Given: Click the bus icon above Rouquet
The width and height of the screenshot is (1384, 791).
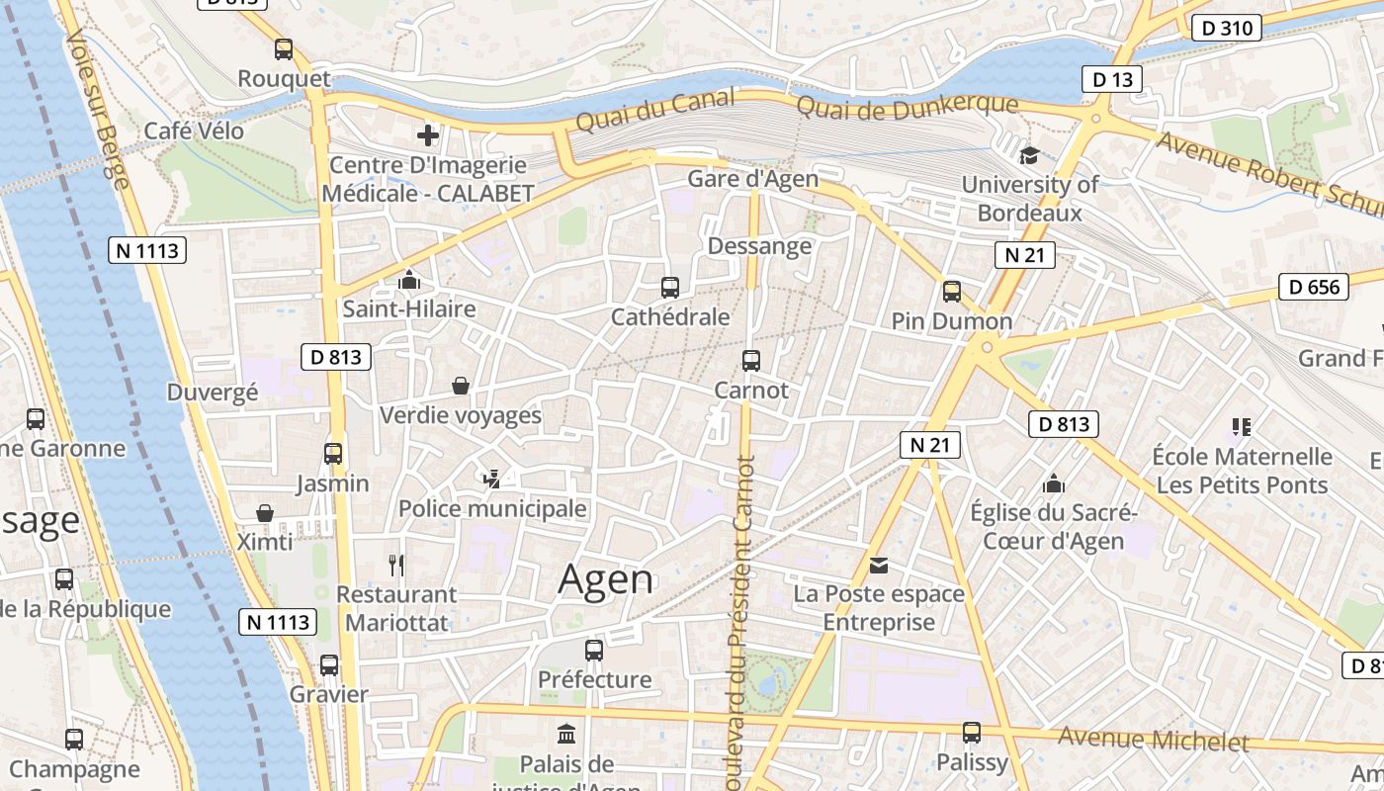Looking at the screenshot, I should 284,48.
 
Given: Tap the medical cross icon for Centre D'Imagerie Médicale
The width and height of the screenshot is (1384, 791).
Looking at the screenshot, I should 428,135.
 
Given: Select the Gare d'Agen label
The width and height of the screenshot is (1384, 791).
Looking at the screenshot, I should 753,179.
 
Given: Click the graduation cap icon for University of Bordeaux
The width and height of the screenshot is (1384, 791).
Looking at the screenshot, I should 1029,155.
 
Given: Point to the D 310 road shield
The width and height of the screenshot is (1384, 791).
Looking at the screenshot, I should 1228,28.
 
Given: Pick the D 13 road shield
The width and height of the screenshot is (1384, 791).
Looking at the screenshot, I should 1111,79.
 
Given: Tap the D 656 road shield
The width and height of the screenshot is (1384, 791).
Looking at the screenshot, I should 1314,287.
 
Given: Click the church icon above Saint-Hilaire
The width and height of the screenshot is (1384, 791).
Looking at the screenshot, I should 408,281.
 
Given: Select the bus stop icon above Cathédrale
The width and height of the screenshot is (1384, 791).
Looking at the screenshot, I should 670,288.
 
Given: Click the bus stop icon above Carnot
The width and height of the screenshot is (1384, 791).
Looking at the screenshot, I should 751,361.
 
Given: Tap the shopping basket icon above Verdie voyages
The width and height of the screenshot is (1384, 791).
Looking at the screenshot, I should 461,386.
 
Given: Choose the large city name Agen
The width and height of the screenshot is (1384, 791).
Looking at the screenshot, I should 605,579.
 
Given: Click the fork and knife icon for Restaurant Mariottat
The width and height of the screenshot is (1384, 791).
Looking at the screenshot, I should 396,566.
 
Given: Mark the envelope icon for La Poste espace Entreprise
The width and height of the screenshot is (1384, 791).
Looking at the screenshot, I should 879,566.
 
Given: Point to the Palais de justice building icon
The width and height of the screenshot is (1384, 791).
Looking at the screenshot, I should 566,735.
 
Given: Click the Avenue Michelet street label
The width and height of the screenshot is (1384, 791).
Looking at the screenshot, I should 1153,739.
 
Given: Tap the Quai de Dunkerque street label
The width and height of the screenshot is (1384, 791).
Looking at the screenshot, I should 907,106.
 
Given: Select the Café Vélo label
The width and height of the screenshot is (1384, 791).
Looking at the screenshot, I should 194,131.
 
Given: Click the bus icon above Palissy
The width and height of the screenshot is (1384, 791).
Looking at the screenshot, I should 972,733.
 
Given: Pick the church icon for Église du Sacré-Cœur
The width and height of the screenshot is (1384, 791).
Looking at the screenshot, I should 1054,483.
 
